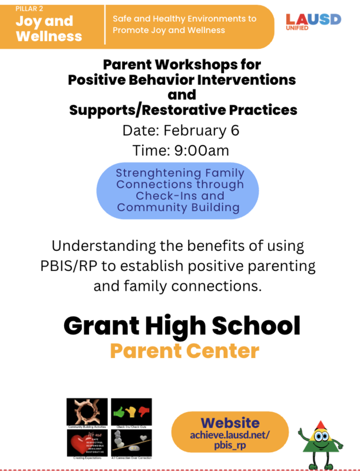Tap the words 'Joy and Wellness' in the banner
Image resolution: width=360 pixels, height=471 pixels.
pos(49,29)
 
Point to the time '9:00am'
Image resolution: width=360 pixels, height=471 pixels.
pos(202,150)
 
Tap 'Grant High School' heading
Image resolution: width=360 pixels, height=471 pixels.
pos(181,325)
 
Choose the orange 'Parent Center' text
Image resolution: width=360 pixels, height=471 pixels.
pos(184,351)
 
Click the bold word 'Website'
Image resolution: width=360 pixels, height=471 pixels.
pos(230,423)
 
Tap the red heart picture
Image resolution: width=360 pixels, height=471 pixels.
pos(85,442)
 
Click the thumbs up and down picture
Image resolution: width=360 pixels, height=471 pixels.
pos(131,409)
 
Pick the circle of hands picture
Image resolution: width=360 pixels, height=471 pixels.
pos(87,409)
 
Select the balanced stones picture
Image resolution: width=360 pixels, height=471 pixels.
pos(131,442)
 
